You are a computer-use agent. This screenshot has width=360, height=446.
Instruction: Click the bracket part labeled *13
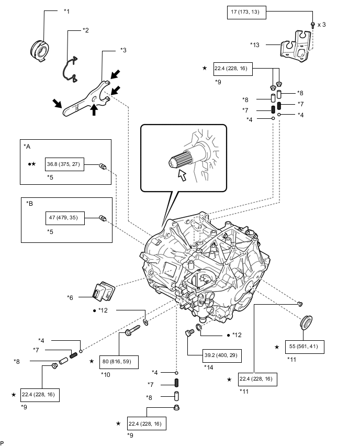(296, 46)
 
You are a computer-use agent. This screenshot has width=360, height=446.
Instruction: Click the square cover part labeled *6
(104, 291)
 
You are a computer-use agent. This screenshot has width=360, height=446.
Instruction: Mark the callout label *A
(27, 147)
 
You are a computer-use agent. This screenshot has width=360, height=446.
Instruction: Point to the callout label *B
(30, 204)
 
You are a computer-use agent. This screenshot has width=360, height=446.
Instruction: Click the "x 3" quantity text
(322, 25)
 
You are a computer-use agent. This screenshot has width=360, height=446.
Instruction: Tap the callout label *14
(208, 367)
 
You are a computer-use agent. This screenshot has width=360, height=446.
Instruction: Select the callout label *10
(106, 375)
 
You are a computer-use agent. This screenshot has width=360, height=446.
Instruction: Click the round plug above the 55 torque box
(306, 322)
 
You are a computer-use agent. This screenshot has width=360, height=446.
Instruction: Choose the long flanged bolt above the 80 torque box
(132, 330)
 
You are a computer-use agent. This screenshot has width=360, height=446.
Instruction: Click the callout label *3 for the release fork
(123, 50)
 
